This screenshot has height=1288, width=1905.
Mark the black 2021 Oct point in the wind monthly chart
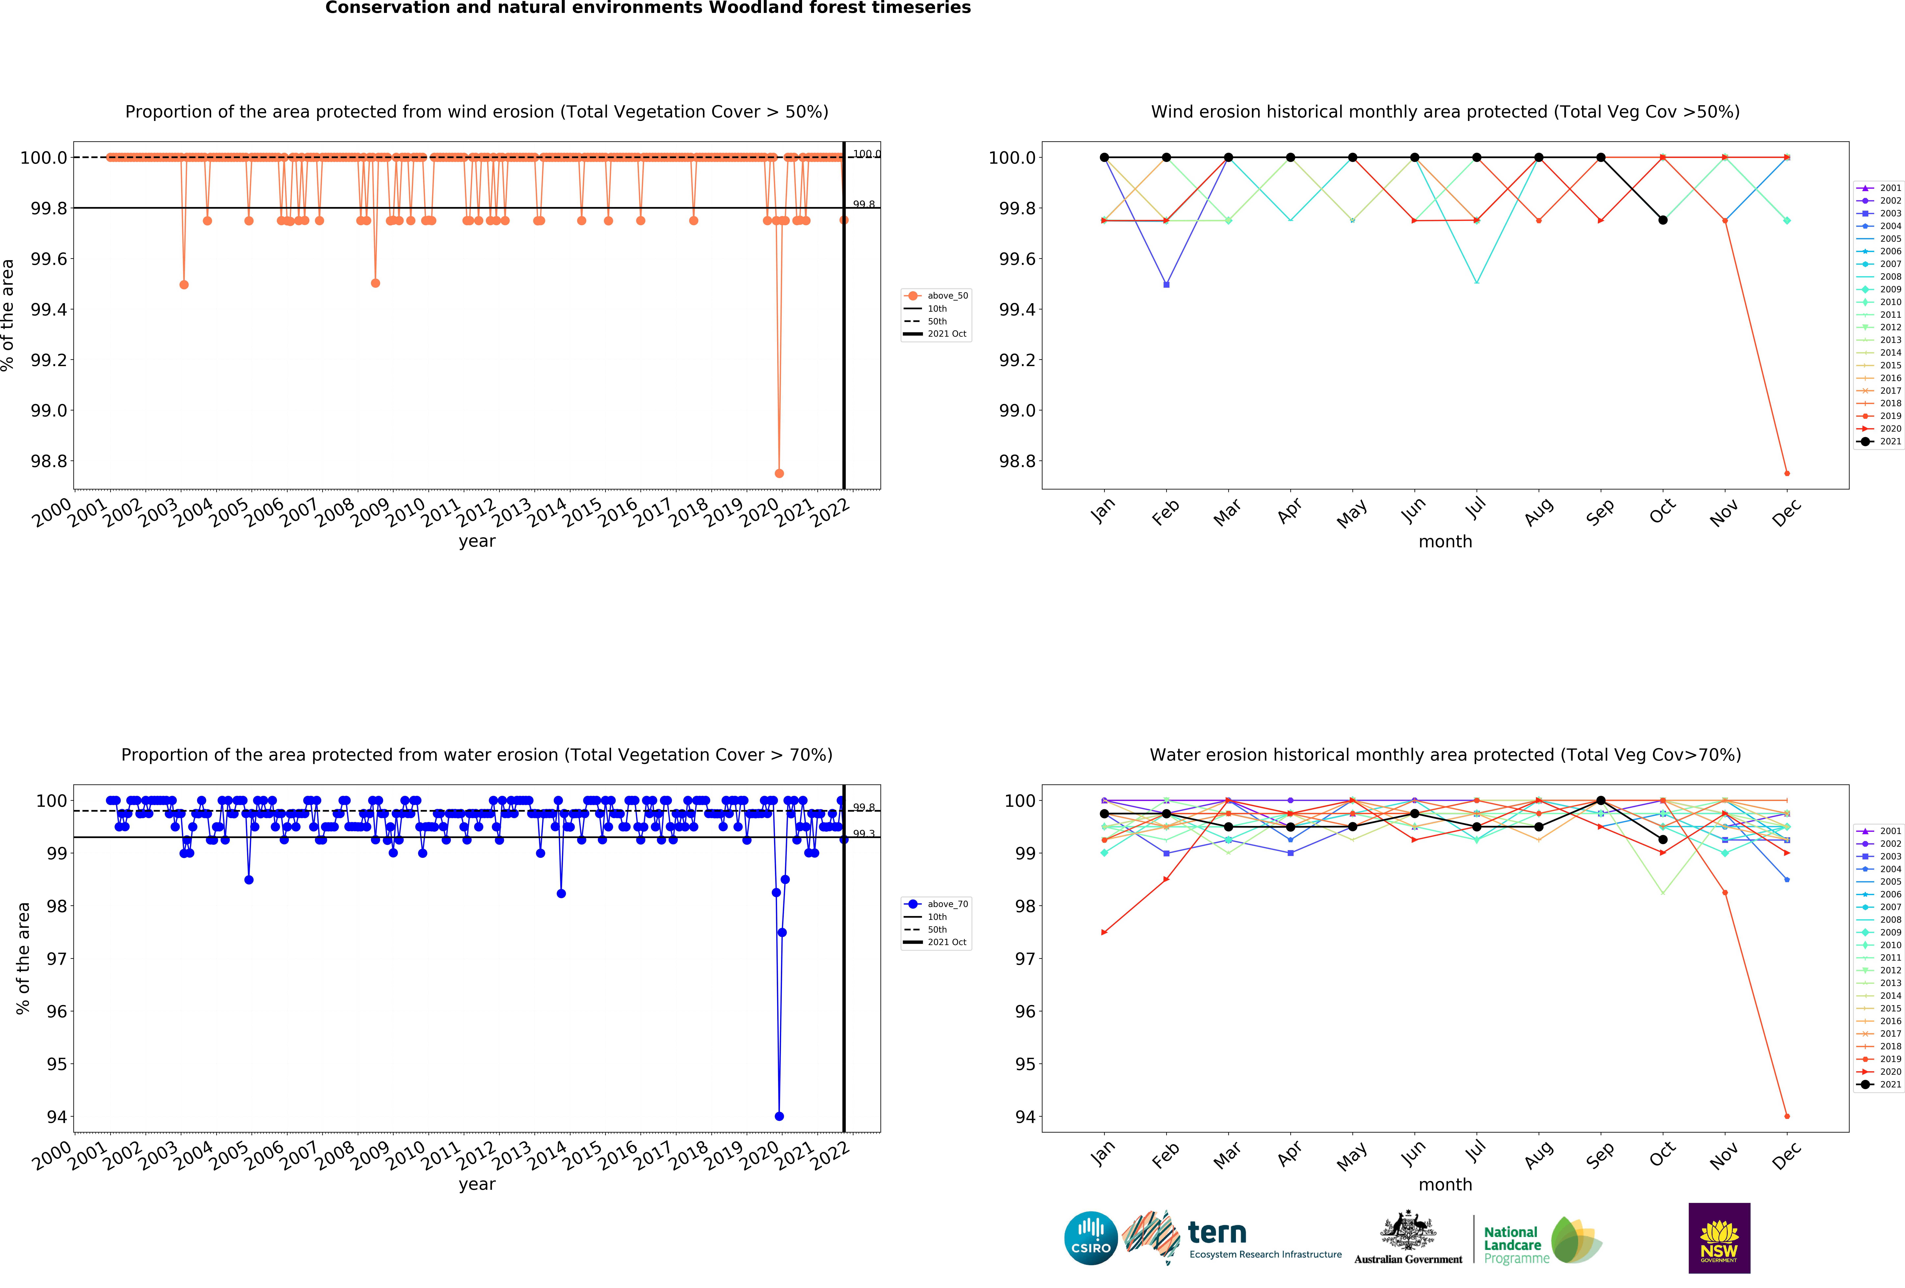[x=1662, y=220]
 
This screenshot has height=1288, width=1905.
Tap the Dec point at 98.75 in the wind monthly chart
[x=1787, y=473]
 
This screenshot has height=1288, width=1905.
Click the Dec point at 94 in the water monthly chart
[x=1787, y=1116]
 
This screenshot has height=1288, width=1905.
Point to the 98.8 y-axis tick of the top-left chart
[x=49, y=461]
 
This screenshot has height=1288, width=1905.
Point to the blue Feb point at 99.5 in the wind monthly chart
[x=1166, y=284]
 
